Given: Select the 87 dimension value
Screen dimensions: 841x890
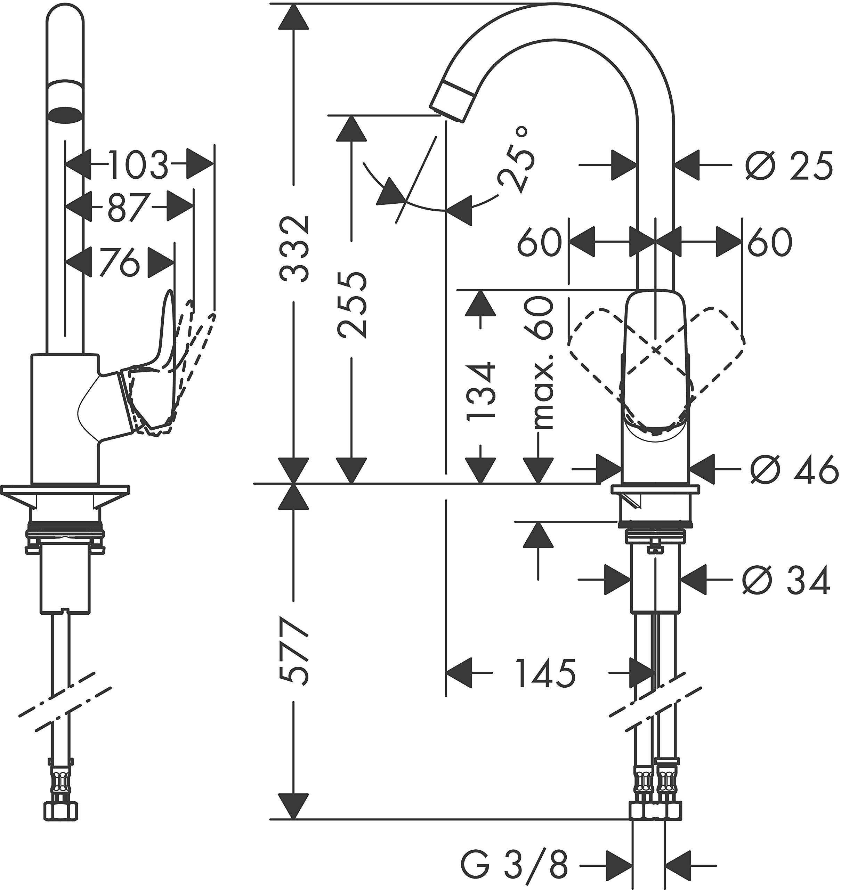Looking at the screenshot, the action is (128, 207).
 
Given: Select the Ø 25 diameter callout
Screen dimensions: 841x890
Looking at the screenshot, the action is (789, 165).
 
